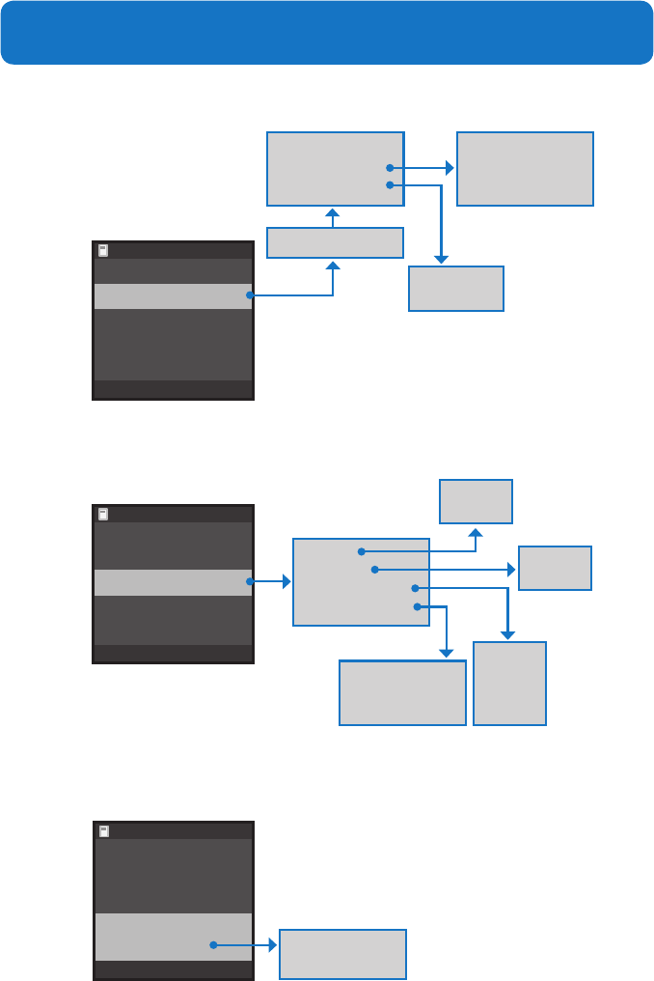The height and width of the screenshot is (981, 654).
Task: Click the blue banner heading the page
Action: click(x=327, y=33)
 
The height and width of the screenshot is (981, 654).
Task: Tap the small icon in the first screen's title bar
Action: click(x=103, y=250)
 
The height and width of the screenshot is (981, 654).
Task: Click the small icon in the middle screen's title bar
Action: click(x=103, y=515)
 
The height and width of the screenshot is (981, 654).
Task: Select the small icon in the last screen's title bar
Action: click(x=103, y=830)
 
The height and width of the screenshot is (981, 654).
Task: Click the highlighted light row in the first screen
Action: click(x=173, y=295)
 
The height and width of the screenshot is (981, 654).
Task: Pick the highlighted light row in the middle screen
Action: click(x=173, y=582)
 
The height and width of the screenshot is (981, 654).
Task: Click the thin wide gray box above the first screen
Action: click(x=334, y=242)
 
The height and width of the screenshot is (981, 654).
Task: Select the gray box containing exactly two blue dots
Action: click(x=334, y=169)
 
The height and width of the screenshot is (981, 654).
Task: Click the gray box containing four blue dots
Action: click(x=360, y=582)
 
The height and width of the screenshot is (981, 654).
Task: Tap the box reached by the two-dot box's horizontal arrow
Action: click(x=525, y=169)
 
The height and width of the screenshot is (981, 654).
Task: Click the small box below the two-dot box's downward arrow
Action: click(x=456, y=289)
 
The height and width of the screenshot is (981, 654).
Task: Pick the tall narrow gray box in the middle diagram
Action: click(x=509, y=683)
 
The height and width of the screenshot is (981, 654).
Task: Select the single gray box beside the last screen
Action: click(x=342, y=954)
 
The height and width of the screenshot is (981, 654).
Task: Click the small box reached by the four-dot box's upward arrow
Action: click(x=476, y=501)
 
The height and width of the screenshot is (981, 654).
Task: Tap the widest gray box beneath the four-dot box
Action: click(x=402, y=692)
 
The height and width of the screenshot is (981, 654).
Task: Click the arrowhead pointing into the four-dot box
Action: click(x=286, y=582)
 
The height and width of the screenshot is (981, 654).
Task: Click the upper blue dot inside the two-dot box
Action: click(x=390, y=168)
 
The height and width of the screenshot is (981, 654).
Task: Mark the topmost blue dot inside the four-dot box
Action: click(x=361, y=551)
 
